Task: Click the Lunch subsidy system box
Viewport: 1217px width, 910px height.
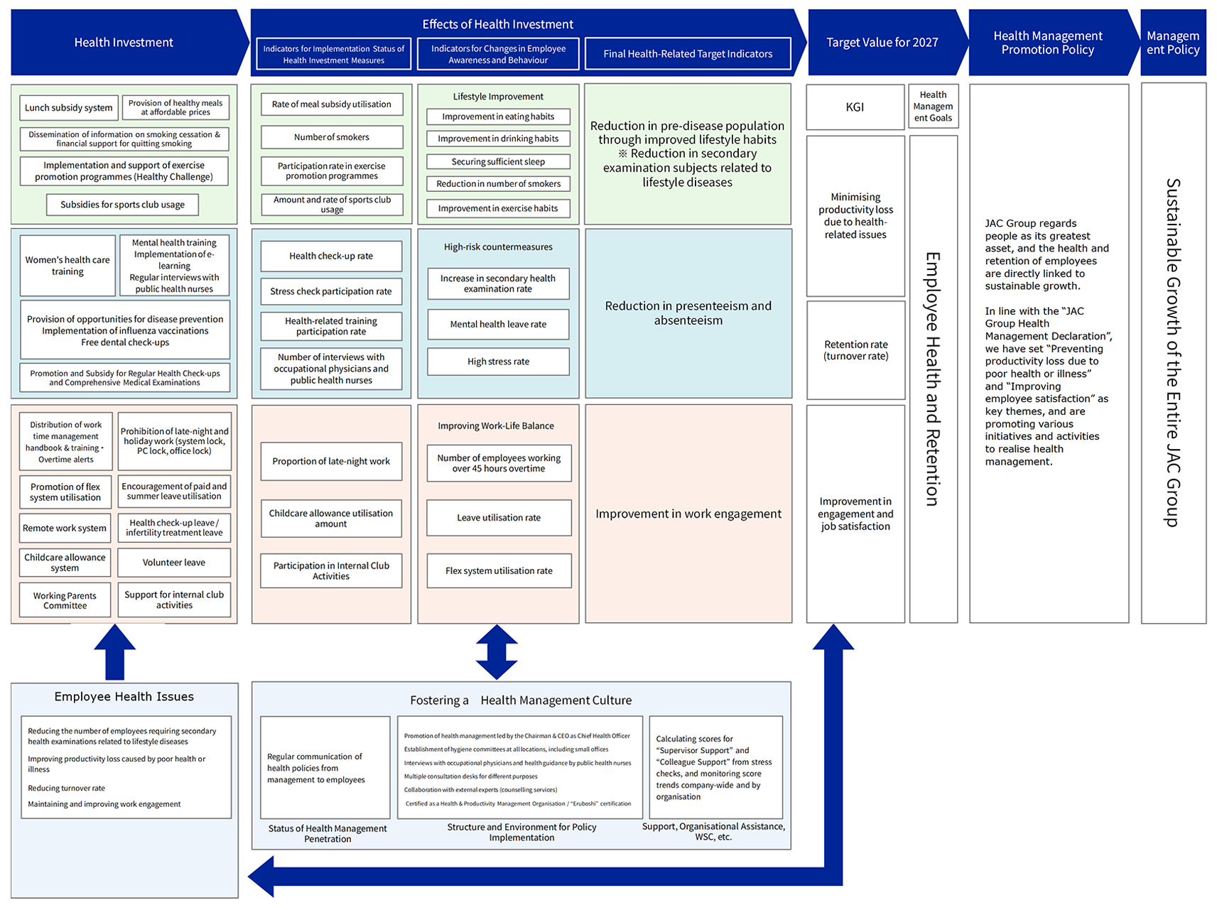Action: pyautogui.click(x=68, y=108)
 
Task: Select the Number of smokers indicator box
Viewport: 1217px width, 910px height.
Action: pyautogui.click(x=332, y=137)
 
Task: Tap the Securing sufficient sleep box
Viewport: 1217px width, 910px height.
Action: pyautogui.click(x=498, y=162)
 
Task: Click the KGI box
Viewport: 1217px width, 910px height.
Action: pyautogui.click(x=855, y=107)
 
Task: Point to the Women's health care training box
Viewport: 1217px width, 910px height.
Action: pyautogui.click(x=67, y=266)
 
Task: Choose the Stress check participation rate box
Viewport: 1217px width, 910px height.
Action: pyautogui.click(x=331, y=291)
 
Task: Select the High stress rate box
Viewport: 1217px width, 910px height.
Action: pyautogui.click(x=498, y=362)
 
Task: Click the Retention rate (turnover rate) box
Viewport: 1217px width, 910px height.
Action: pyautogui.click(x=855, y=350)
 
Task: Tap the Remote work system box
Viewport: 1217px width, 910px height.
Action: pyautogui.click(x=65, y=529)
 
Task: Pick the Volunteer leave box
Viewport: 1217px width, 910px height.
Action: pyautogui.click(x=174, y=563)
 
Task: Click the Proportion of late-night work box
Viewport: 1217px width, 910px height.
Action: pyautogui.click(x=331, y=462)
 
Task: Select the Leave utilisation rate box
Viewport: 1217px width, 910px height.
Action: pyautogui.click(x=499, y=518)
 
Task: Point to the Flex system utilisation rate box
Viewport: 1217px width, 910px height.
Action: pyautogui.click(x=499, y=571)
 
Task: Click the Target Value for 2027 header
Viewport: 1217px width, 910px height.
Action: pyautogui.click(x=882, y=43)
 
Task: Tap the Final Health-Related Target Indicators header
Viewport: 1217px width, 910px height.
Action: pyautogui.click(x=688, y=54)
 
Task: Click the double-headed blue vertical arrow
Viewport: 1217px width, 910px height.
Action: pyautogui.click(x=497, y=652)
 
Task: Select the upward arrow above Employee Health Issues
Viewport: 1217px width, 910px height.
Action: pyautogui.click(x=115, y=652)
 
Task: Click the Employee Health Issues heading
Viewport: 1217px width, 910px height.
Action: pyautogui.click(x=124, y=697)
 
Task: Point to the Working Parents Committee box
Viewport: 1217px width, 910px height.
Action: pyautogui.click(x=65, y=601)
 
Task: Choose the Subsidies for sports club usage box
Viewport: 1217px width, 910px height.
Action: pyautogui.click(x=122, y=205)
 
